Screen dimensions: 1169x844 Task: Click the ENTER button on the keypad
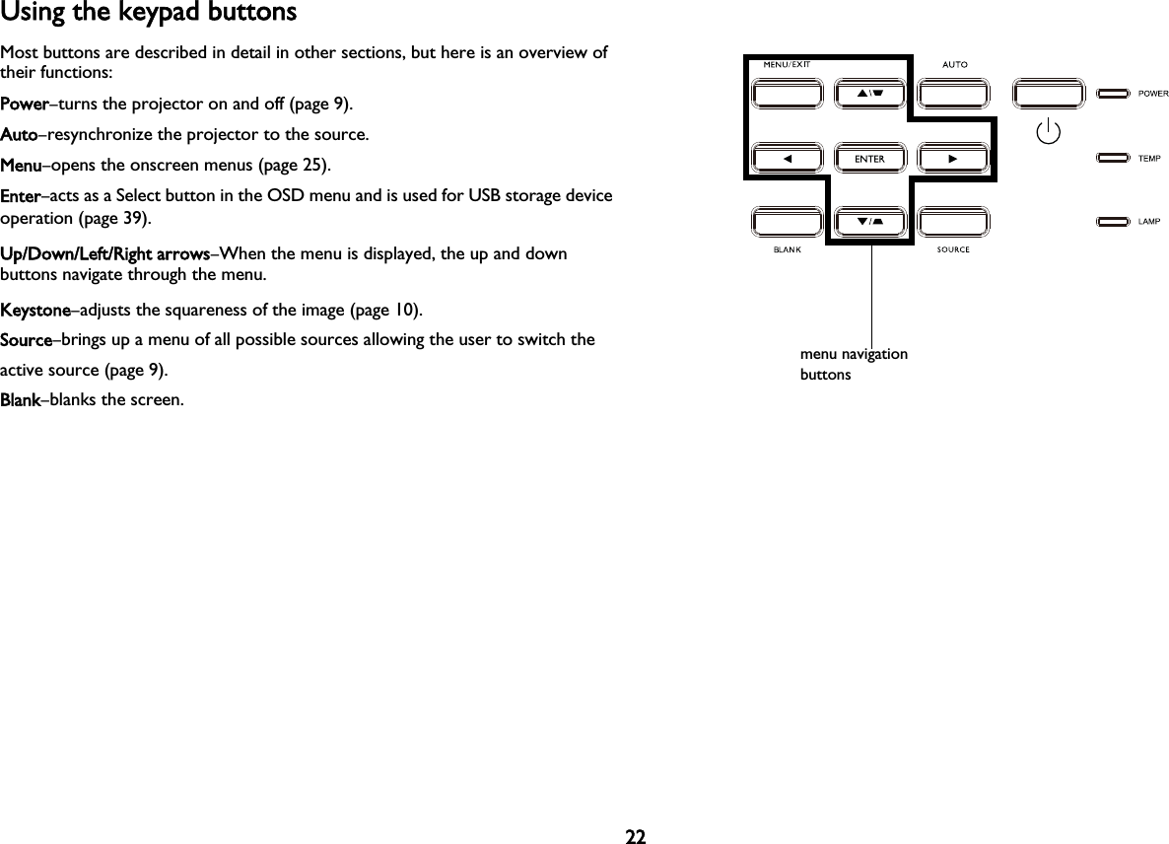tap(869, 159)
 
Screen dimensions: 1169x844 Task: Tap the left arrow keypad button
tap(787, 159)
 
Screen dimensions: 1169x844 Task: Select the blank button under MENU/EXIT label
tap(787, 95)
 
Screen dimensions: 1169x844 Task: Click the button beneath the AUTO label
tap(953, 95)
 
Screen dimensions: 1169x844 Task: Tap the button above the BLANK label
tap(787, 222)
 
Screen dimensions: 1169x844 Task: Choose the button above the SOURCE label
tap(953, 222)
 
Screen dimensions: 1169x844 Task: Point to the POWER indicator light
tap(1114, 95)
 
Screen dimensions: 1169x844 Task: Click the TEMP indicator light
tap(1114, 158)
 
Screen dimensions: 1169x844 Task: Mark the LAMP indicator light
tap(1114, 222)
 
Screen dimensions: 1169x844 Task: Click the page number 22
tap(636, 837)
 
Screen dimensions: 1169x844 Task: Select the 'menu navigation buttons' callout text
tap(854, 364)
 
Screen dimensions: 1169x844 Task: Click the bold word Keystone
tap(34, 312)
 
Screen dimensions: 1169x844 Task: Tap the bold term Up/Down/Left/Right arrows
tap(103, 255)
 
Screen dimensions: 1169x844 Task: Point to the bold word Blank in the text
tap(20, 401)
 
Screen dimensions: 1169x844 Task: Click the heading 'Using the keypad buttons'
tap(148, 14)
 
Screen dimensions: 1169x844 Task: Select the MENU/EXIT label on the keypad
tap(787, 65)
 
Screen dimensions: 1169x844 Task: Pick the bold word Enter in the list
tap(21, 196)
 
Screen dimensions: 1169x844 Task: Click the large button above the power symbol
tap(1049, 95)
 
